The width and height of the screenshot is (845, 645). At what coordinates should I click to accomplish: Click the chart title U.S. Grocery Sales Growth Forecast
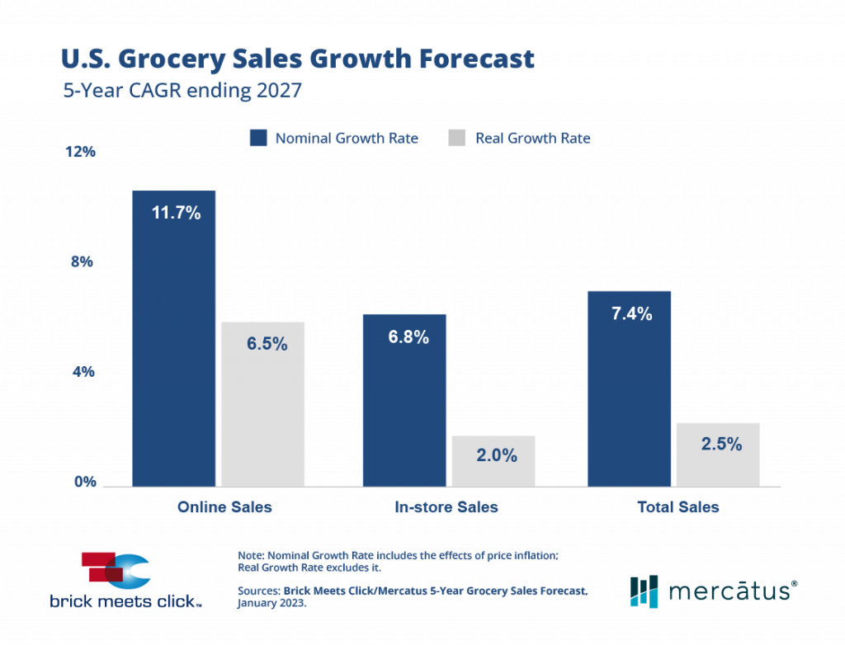coord(298,60)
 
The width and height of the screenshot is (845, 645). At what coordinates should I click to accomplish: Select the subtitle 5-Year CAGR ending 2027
coord(182,91)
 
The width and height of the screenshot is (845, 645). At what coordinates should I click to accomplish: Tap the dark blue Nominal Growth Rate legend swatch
coord(257,138)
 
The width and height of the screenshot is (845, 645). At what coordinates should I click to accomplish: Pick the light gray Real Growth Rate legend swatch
coord(456,138)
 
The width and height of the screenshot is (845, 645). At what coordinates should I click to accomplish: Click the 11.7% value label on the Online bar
coord(176,213)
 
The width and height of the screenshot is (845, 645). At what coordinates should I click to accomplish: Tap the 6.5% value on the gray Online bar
coord(267,344)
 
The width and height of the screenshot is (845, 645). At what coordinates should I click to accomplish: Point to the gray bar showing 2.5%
coord(717,454)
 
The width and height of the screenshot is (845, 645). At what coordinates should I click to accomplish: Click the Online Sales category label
coord(224,507)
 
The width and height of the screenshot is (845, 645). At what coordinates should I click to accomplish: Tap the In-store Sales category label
coord(446,507)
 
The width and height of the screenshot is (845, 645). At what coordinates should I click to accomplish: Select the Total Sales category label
coord(678,507)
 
